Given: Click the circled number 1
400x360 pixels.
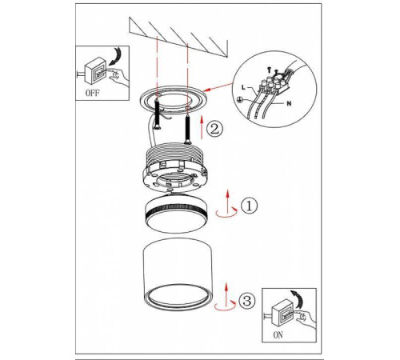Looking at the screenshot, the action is [x=250, y=206].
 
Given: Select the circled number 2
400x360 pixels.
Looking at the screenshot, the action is [x=214, y=129].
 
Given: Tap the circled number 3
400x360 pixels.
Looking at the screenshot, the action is [x=247, y=301].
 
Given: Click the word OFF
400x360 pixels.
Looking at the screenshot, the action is [x=93, y=93].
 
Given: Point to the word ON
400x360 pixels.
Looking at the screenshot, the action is [x=278, y=335].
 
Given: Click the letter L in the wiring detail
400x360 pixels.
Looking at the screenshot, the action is [x=243, y=87].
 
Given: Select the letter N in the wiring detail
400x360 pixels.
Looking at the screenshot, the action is [x=289, y=103].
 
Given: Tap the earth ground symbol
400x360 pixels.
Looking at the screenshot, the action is [x=239, y=100].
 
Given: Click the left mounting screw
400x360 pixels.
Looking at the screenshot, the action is [x=158, y=114].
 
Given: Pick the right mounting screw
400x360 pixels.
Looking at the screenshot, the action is [x=188, y=127].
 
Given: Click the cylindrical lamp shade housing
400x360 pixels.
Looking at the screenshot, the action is [x=178, y=275].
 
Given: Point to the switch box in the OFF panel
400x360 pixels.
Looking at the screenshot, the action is [x=95, y=70].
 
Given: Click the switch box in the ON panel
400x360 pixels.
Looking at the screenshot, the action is [x=282, y=314].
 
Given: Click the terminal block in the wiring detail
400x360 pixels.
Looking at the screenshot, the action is [x=274, y=82].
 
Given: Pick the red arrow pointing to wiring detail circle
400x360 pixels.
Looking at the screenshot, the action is [x=218, y=87].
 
